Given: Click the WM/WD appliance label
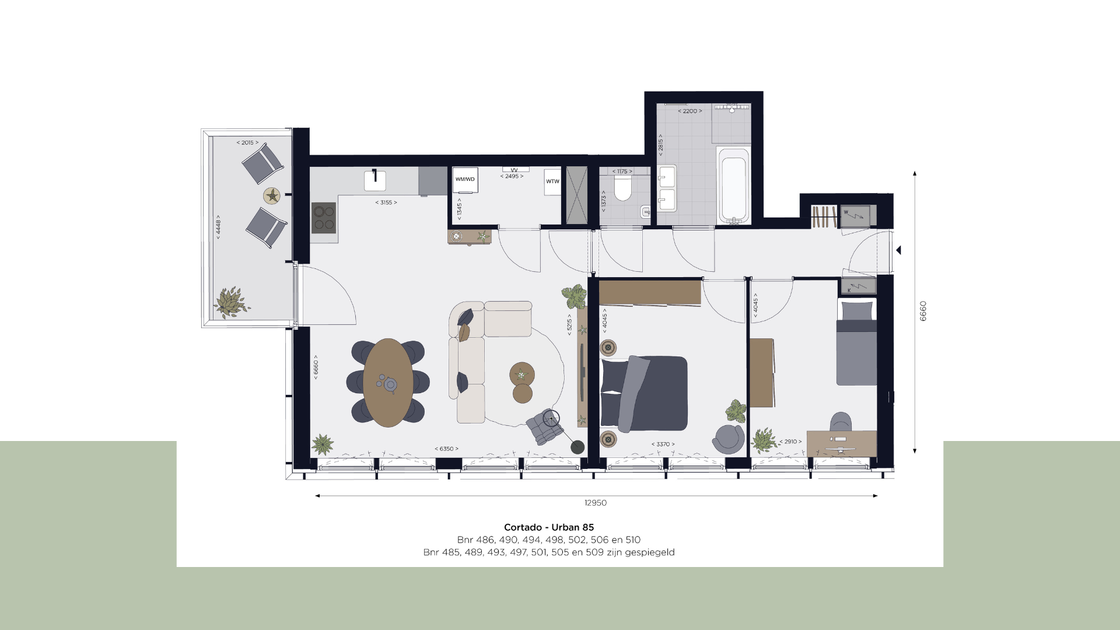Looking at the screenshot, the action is (x=465, y=179).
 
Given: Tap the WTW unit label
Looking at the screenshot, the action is (x=552, y=181).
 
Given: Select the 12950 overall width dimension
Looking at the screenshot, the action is (x=596, y=503).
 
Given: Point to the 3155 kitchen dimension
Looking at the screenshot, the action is (x=386, y=202).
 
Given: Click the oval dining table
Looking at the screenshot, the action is (x=388, y=383).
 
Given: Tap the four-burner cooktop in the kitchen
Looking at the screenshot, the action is (x=324, y=218).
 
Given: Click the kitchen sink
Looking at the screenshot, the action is (x=375, y=180).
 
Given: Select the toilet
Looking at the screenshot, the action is (x=623, y=188).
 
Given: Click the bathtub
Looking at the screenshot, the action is (x=733, y=186).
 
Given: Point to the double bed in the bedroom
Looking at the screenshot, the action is (x=644, y=394).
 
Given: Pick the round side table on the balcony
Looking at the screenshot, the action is (x=272, y=195).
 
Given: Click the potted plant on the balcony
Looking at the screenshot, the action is (x=232, y=302).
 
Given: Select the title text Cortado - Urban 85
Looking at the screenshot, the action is (x=549, y=527).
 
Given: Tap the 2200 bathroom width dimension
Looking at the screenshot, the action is (x=690, y=111).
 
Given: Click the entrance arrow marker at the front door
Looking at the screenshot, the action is (x=899, y=250).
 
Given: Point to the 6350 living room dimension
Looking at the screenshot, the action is (x=447, y=449).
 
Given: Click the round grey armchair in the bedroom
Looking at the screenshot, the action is (x=728, y=439).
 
